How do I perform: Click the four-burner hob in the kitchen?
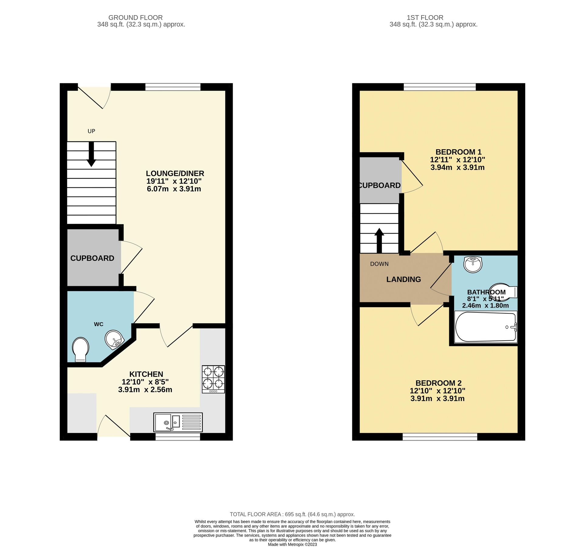click(213, 379)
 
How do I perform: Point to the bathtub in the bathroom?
click(485, 327)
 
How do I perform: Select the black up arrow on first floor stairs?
click(379, 240)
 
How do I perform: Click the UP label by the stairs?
click(91, 131)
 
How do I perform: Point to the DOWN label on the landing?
click(379, 264)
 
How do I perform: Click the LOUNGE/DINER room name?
click(175, 173)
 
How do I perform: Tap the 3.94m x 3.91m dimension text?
click(457, 167)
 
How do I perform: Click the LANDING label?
click(403, 279)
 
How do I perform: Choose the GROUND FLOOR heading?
click(135, 18)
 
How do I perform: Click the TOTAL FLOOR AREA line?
click(292, 514)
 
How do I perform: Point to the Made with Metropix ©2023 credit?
click(292, 544)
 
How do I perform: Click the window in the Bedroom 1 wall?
click(440, 87)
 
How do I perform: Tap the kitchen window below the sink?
click(178, 437)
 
